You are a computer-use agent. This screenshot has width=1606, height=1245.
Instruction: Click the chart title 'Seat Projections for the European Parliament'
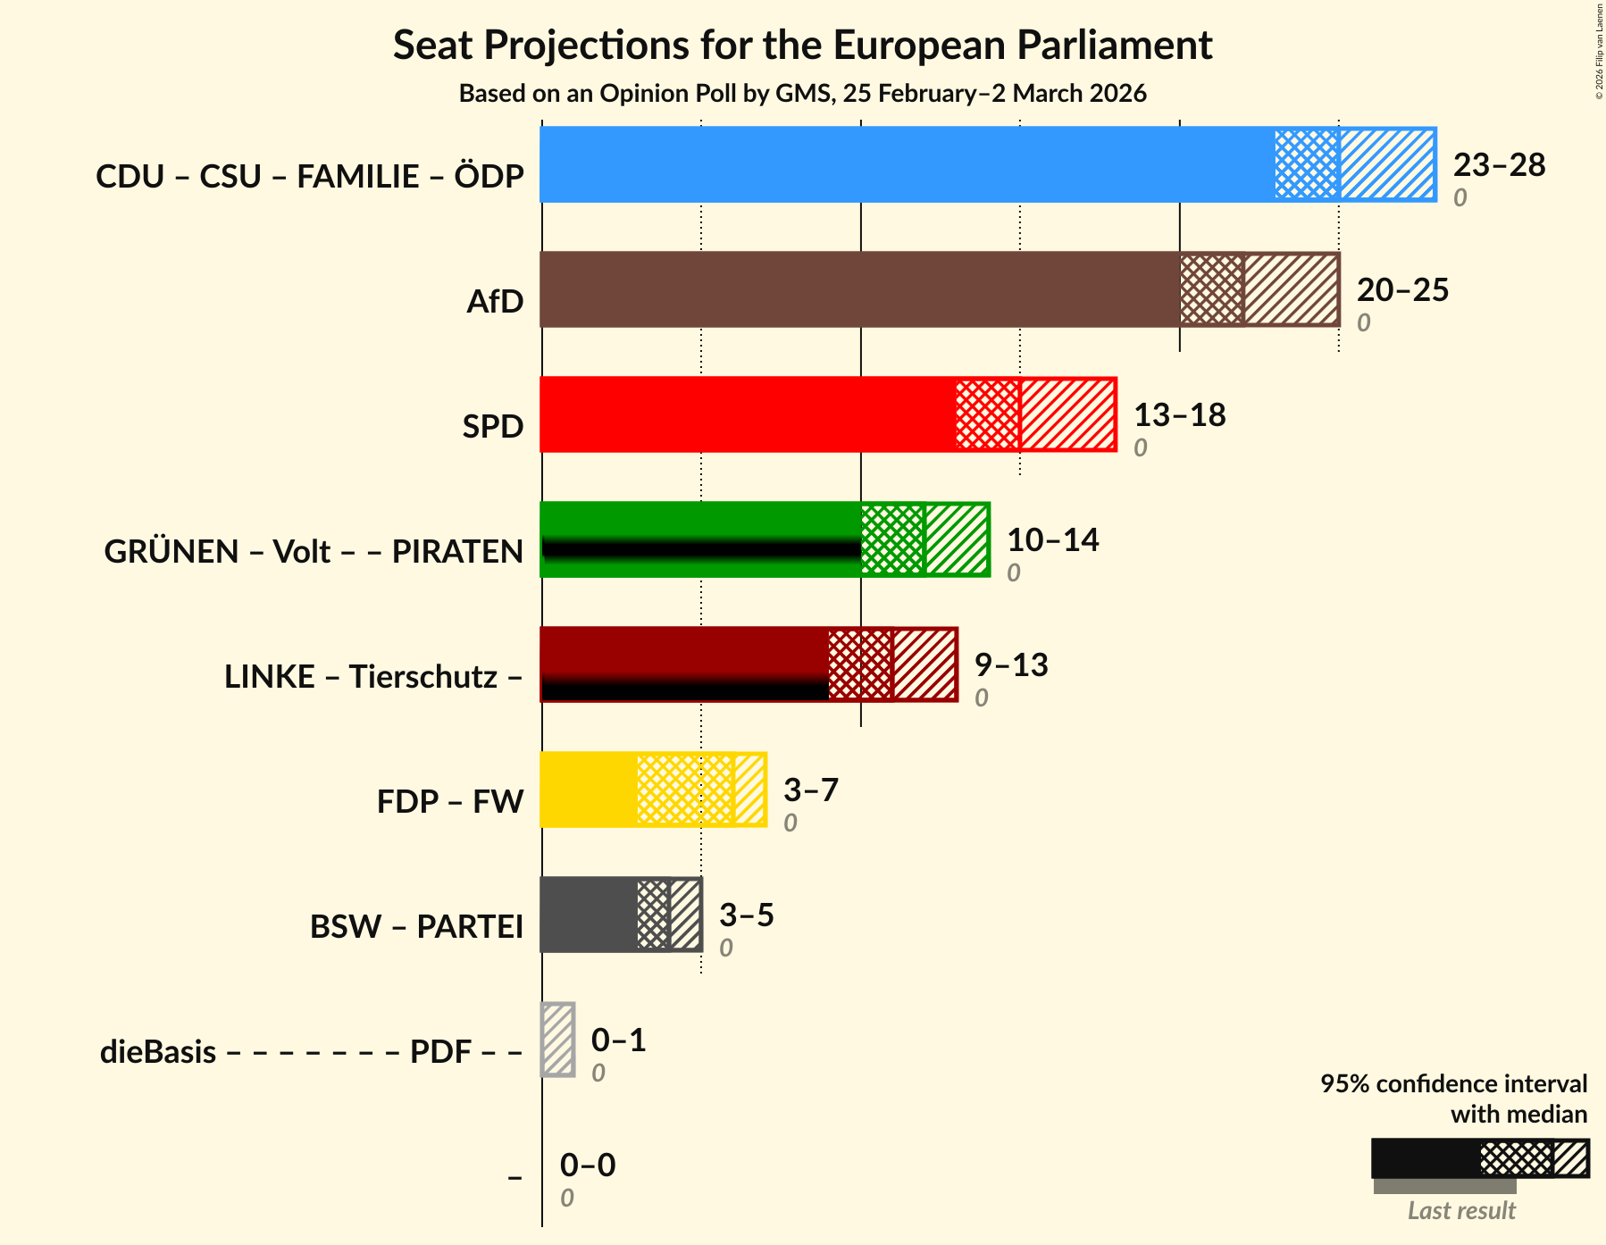802,46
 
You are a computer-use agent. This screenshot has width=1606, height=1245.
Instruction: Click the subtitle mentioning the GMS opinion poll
802,94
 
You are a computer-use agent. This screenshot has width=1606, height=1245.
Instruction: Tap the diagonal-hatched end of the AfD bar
1291,289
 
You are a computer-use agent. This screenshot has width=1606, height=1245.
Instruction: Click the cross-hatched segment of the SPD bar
987,414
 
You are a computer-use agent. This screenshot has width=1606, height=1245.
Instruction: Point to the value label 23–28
1499,165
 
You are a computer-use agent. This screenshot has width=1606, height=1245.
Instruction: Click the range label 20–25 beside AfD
1402,290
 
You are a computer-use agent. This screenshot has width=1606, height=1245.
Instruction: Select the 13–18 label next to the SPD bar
1179,415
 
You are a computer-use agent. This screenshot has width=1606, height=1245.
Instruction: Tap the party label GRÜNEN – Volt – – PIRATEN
314,552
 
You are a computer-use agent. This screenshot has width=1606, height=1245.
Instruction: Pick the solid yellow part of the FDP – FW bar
589,790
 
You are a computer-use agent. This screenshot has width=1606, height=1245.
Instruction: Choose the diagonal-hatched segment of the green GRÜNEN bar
957,539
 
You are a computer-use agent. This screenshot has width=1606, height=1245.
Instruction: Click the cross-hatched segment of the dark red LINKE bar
860,664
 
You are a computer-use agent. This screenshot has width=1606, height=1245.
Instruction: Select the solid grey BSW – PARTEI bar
589,915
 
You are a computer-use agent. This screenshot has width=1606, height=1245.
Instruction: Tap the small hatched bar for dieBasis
558,1040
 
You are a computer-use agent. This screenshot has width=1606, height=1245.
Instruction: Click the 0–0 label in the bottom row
588,1166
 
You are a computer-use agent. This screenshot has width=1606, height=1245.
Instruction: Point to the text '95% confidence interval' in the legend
1453,1084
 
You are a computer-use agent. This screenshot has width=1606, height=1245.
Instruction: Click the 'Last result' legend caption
1461,1211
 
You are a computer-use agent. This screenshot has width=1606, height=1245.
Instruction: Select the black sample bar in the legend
1425,1158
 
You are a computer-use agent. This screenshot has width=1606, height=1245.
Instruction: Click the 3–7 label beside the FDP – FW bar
811,790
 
